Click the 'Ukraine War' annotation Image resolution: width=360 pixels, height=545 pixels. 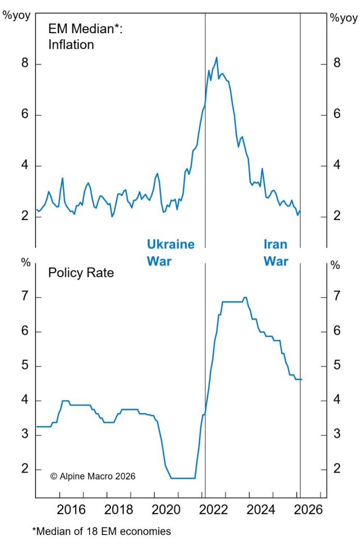click(171, 253)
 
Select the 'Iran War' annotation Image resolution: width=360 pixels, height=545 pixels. click(276, 253)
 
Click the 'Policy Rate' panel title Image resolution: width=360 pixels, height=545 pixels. click(81, 273)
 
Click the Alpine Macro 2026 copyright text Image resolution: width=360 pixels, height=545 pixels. click(93, 476)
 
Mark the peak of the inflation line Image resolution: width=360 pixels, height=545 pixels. click(216, 57)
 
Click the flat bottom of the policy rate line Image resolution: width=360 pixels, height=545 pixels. click(183, 478)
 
